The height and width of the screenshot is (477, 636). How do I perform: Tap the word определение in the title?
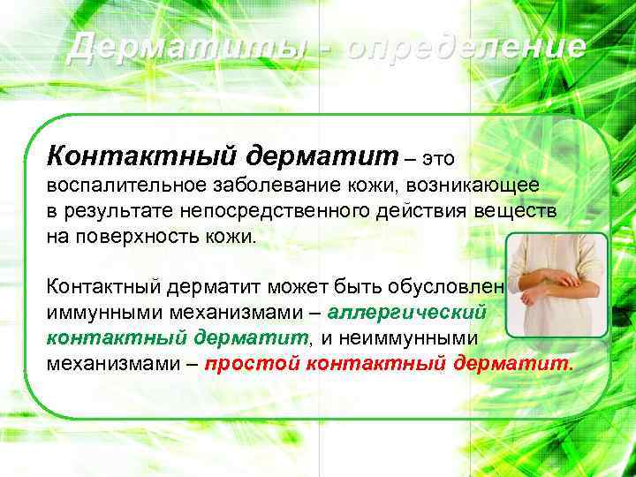click(x=466, y=46)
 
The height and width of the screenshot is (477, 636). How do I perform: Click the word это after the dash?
click(x=440, y=158)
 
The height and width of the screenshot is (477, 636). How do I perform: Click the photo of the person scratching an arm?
click(x=556, y=285)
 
